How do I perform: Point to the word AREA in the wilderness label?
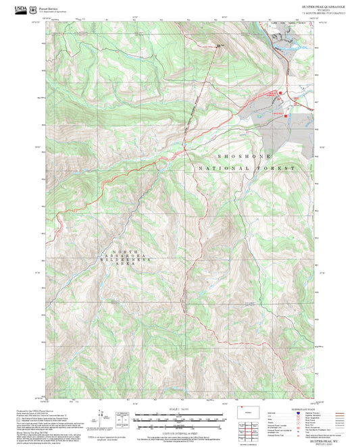pyautogui.click(x=120, y=266)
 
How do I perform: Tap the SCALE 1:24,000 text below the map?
pyautogui.click(x=180, y=408)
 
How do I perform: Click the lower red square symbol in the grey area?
pyautogui.click(x=286, y=115)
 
